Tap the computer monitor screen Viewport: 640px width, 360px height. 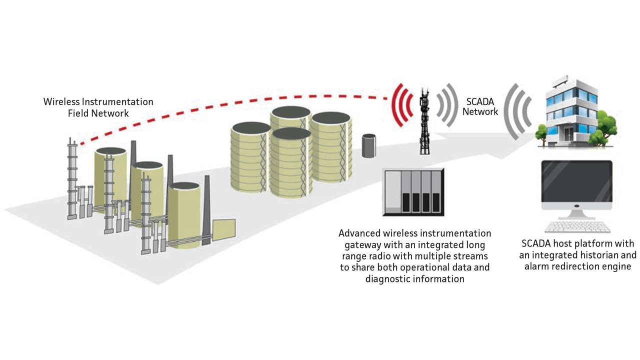pyautogui.click(x=576, y=183)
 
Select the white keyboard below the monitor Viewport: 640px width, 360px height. pyautogui.click(x=577, y=226)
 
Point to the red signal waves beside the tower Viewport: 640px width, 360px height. pyautogui.click(x=402, y=105)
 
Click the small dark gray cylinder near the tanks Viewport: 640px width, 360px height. pyautogui.click(x=368, y=145)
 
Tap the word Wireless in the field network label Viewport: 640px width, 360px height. pyautogui.click(x=62, y=102)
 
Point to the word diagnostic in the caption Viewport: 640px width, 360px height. pyautogui.click(x=387, y=278)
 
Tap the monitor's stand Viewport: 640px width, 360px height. pyautogui.click(x=576, y=213)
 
